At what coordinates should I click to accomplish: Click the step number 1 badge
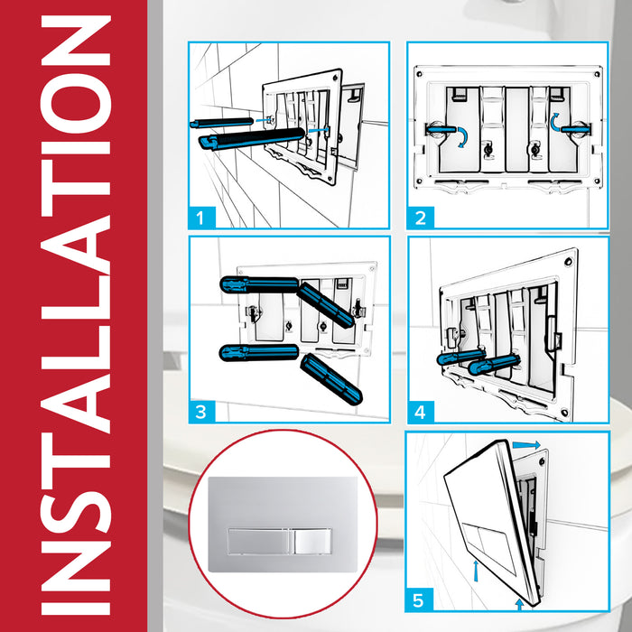(205, 217)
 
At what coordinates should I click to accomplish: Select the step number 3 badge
(205, 411)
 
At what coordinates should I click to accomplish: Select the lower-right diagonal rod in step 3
(330, 378)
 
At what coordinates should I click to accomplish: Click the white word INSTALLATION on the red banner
(75, 316)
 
